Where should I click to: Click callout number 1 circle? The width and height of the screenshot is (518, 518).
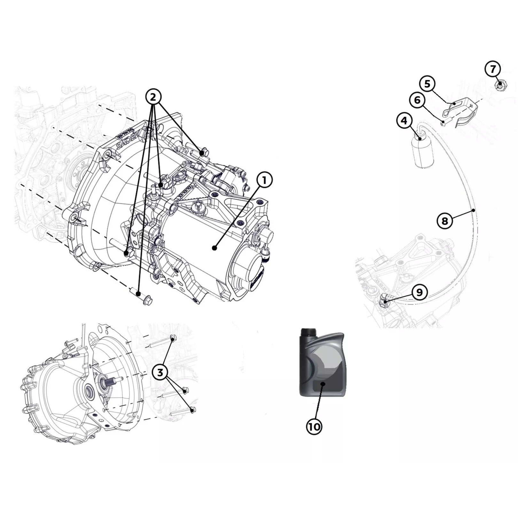click(264, 180)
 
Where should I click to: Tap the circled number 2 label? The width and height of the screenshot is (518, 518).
click(153, 97)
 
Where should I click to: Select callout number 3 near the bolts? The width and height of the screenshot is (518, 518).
click(160, 372)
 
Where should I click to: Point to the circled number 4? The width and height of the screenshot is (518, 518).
click(404, 121)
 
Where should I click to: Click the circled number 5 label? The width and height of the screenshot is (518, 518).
click(427, 84)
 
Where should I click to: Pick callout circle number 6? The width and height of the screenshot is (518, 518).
click(417, 100)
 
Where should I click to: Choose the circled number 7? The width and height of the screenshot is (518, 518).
click(493, 69)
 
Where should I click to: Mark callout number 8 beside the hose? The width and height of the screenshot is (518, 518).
click(445, 221)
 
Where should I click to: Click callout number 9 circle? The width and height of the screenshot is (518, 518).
click(420, 292)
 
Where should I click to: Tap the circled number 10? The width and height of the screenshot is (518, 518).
click(314, 427)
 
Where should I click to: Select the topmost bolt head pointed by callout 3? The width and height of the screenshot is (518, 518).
click(173, 337)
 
